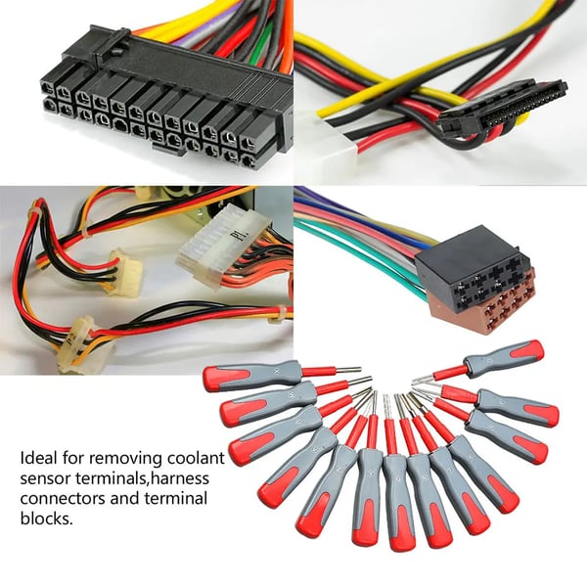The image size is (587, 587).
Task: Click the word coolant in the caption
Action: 196,458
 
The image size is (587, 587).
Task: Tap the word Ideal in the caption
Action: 39,458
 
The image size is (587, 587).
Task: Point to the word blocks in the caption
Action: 46,519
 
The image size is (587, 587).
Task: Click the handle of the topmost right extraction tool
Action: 504,355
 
